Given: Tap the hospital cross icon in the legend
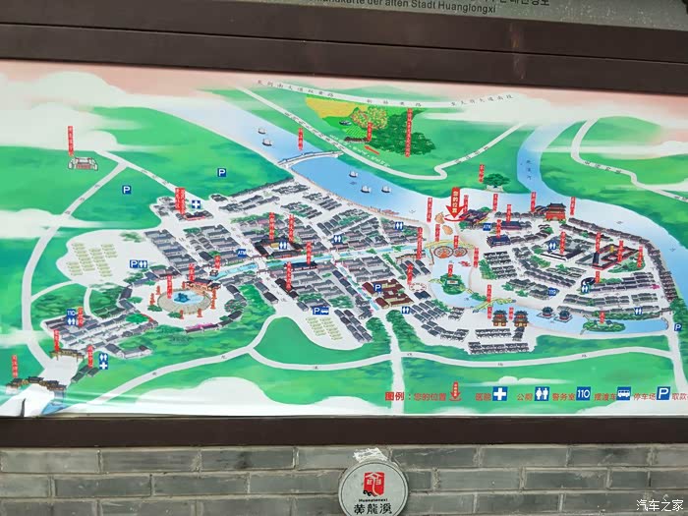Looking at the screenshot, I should click(499, 394).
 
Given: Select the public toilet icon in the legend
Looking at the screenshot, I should click(542, 394).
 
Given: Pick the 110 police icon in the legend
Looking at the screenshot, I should click(584, 394).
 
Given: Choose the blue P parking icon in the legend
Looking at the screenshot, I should click(663, 393).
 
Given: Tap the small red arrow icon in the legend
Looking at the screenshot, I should click(455, 395).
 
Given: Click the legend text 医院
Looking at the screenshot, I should click(482, 395).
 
